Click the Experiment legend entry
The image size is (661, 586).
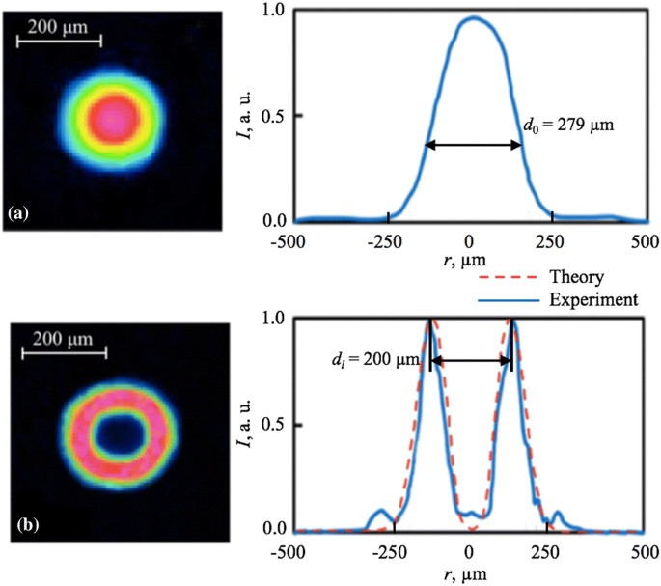pyautogui.click(x=592, y=299)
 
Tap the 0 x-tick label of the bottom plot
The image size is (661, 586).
pyautogui.click(x=469, y=551)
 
